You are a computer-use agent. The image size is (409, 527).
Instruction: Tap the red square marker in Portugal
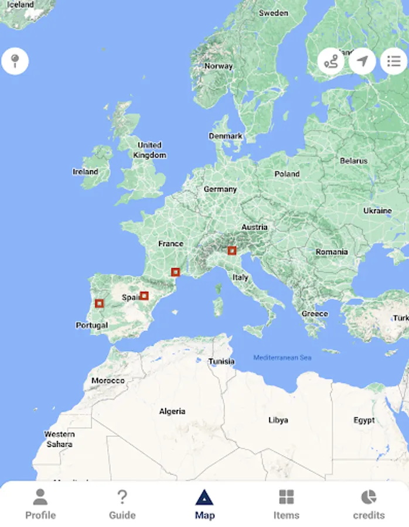coord(100,303)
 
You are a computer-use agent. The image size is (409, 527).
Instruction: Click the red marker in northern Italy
coord(232,251)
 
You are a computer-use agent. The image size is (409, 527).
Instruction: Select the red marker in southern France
coord(175,272)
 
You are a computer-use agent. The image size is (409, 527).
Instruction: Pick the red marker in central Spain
coord(144,296)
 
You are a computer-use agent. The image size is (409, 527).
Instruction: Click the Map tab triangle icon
coord(205,498)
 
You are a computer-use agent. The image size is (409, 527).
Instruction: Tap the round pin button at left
coord(15,60)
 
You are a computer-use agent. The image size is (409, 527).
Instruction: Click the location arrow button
coord(363,61)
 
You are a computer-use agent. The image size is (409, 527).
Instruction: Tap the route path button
coord(331,61)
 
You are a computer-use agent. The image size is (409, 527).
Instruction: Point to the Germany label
coord(220,189)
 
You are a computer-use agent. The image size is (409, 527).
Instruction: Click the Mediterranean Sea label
coord(282,358)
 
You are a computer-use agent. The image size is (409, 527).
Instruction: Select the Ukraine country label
coord(377,210)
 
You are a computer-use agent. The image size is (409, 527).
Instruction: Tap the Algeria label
coord(172,412)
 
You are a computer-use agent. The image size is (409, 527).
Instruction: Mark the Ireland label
coord(86,172)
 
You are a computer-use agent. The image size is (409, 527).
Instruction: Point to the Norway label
coord(219,66)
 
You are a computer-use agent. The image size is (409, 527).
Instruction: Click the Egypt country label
coord(364,420)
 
